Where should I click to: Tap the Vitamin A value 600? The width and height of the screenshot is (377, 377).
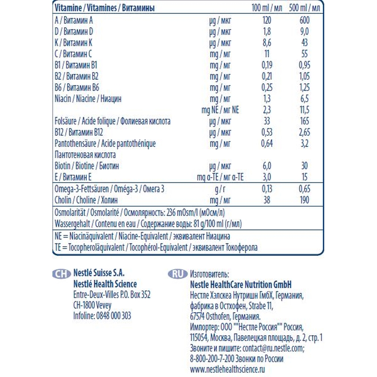pyautogui.click(x=305, y=21)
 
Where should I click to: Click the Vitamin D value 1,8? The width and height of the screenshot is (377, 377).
pyautogui.click(x=267, y=32)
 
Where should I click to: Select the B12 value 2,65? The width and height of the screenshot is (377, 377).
pyautogui.click(x=305, y=132)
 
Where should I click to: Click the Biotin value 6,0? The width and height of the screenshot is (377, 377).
pyautogui.click(x=267, y=166)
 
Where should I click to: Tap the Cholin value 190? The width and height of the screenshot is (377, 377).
pyautogui.click(x=305, y=200)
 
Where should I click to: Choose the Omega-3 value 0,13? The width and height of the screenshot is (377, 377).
pyautogui.click(x=267, y=189)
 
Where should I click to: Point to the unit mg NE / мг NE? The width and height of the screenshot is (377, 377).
pyautogui.click(x=221, y=110)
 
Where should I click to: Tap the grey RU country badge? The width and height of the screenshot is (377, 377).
pyautogui.click(x=177, y=274)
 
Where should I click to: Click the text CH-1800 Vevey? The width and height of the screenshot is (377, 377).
pyautogui.click(x=92, y=305)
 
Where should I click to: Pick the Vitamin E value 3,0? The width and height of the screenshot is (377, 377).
pyautogui.click(x=267, y=177)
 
